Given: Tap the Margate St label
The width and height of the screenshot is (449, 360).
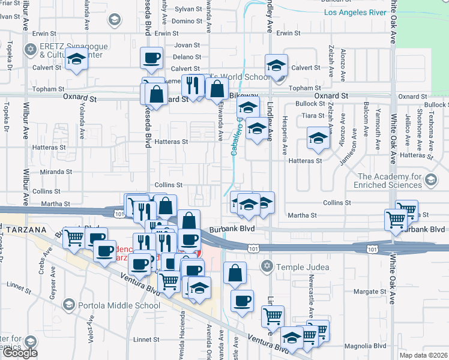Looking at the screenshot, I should click(370, 292).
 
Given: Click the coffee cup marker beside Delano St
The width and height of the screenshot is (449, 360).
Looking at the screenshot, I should click(151, 58).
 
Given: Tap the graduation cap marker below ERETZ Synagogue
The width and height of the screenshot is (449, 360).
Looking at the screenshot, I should click(76, 60).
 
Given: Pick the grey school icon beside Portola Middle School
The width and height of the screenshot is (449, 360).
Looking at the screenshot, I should click(70, 305).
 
